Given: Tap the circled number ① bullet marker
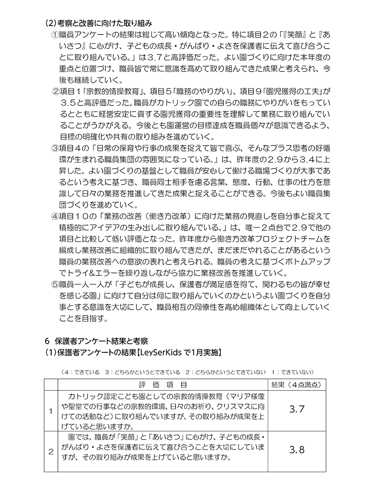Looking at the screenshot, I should tap(55, 34).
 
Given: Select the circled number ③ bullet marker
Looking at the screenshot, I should tap(55, 147).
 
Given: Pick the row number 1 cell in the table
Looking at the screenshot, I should tap(51, 411).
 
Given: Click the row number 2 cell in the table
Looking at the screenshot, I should tap(51, 450).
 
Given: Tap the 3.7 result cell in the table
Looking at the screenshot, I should tap(297, 409).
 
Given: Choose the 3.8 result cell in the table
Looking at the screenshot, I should tap(297, 450).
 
